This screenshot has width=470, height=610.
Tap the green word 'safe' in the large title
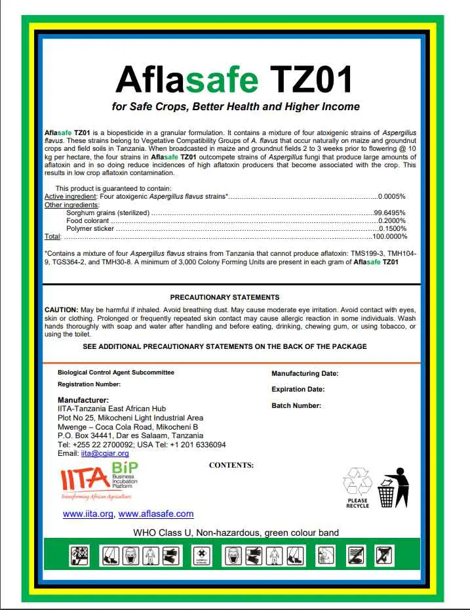(222, 79)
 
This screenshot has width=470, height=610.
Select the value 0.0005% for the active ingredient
(392, 196)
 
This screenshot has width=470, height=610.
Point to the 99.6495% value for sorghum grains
(389, 213)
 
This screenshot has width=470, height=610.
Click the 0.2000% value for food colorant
(392, 220)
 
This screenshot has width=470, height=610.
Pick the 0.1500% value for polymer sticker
(392, 228)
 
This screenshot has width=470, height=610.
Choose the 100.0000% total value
(389, 236)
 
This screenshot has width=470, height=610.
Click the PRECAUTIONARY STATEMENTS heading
(225, 297)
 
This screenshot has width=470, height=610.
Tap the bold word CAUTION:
(61, 309)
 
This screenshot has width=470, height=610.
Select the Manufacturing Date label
(305, 373)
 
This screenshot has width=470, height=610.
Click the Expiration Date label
(298, 389)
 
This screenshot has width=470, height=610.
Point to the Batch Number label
(296, 405)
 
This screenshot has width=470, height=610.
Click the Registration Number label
(89, 384)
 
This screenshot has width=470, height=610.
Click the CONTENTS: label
(231, 465)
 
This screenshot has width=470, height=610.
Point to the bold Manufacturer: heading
(83, 399)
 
